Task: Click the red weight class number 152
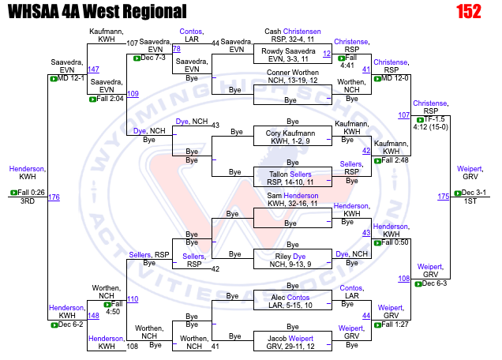tap(469, 12)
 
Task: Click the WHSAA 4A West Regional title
tap(97, 12)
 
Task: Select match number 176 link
tap(54, 197)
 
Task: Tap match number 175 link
tap(444, 197)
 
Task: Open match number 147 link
tap(93, 69)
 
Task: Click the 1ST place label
tap(470, 201)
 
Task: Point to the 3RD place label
tap(28, 201)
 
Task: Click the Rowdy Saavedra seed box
tap(293, 54)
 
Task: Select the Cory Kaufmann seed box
tap(293, 136)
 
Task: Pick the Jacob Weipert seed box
tap(293, 341)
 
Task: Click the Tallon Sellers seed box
tap(293, 177)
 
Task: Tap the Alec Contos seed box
tap(293, 300)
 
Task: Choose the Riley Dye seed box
tap(293, 259)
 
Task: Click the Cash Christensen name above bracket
tap(293, 32)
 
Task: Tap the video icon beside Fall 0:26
tap(13, 193)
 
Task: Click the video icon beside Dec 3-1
tap(458, 193)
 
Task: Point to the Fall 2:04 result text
tap(110, 99)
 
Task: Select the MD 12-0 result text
tap(395, 78)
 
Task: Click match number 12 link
tap(327, 54)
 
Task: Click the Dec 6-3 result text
tap(434, 283)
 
